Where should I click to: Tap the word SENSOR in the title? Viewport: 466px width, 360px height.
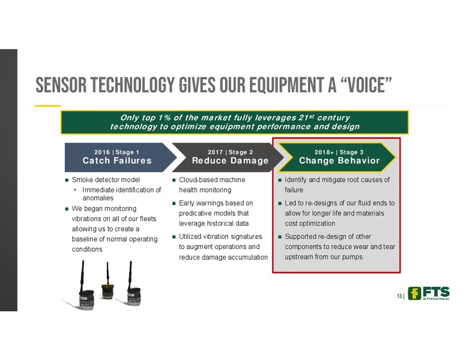click(x=61, y=85)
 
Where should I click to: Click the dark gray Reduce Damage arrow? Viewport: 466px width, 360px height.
click(x=228, y=157)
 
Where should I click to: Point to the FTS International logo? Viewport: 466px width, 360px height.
click(x=429, y=293)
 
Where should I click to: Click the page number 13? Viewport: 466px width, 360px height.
click(x=399, y=296)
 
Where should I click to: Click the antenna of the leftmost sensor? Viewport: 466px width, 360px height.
click(x=82, y=275)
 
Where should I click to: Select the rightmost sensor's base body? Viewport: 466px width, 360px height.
click(x=134, y=296)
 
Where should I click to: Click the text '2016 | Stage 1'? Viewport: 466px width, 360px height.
click(x=116, y=152)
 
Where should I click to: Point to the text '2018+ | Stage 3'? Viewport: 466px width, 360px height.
click(x=339, y=152)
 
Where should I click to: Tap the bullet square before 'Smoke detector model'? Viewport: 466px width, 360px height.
click(x=67, y=180)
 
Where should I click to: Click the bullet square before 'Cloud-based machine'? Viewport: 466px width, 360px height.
click(x=174, y=180)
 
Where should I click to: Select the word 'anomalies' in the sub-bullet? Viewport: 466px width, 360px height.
click(x=98, y=198)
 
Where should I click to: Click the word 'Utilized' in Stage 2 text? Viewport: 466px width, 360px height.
click(x=190, y=236)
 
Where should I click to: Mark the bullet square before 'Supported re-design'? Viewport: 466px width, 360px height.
click(x=280, y=237)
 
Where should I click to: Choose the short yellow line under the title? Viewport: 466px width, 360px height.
click(x=47, y=106)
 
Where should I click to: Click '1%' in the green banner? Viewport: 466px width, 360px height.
click(x=165, y=118)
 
